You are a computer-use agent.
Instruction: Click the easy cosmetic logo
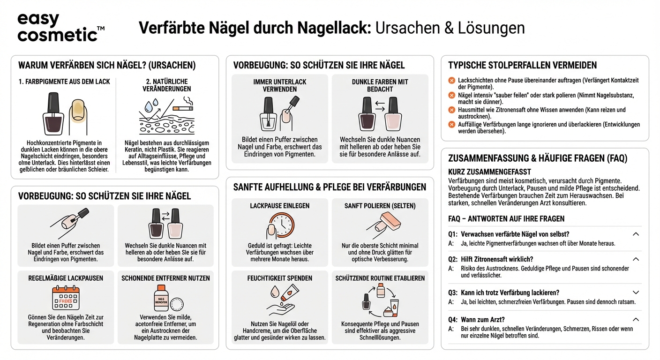click(x=60, y=27)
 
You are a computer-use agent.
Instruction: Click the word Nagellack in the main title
click(x=333, y=28)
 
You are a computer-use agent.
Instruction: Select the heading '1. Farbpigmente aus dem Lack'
click(x=64, y=82)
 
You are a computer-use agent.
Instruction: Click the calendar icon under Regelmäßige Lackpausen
click(x=65, y=298)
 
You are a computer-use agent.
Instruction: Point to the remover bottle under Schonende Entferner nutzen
click(x=161, y=298)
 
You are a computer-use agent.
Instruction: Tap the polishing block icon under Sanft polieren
click(x=385, y=224)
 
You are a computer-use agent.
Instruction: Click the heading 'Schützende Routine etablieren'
click(x=380, y=278)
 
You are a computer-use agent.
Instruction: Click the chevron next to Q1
click(x=636, y=234)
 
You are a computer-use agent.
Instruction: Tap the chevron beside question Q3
click(x=636, y=292)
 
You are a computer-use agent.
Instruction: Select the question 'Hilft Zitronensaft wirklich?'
click(x=497, y=259)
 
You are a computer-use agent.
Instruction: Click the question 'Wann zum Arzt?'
click(x=482, y=320)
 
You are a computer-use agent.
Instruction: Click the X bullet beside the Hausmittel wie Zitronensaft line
click(x=452, y=110)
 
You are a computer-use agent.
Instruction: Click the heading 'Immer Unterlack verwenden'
click(x=279, y=85)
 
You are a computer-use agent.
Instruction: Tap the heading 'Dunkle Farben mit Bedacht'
click(x=380, y=85)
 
